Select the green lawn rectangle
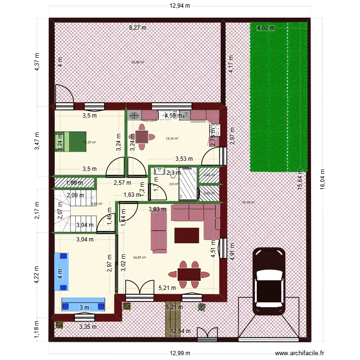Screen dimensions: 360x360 [x=278, y=96]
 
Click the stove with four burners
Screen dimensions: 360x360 [x=214, y=130]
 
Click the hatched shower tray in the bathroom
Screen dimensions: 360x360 [x=188, y=183]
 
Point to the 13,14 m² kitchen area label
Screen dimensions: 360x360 [x=172, y=139]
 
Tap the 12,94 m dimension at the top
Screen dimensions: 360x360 [x=180, y=6]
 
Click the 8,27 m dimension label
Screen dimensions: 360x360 [x=137, y=28]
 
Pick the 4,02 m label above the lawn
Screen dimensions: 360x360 [x=265, y=28]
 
